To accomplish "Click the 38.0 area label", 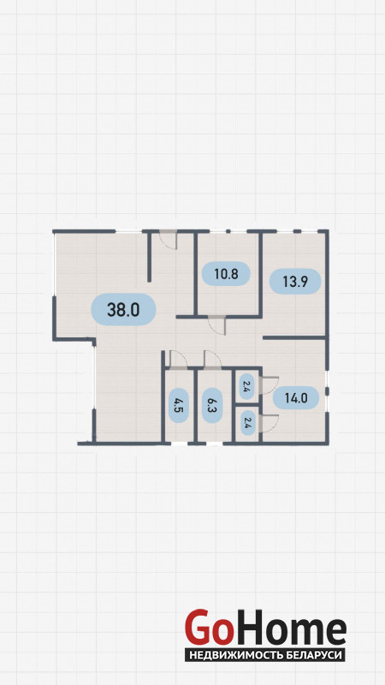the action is point(123,309).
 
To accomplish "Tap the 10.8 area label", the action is point(226,274).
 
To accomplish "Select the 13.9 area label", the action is point(295,282).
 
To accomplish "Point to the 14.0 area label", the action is point(296,397).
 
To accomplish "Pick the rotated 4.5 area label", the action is point(178,405).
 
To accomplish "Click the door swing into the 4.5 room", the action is point(178,358).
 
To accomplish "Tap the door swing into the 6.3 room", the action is point(212,358).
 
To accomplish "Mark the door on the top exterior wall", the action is point(168,240).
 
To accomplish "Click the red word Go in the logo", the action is point(208,628).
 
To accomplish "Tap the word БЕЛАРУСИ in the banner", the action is point(318,655).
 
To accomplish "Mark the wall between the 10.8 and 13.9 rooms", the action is point(261,273).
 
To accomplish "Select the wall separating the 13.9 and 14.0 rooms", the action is point(295,337).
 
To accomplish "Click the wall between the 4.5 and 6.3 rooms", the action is point(196,405).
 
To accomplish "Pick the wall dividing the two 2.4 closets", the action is point(247,406).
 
